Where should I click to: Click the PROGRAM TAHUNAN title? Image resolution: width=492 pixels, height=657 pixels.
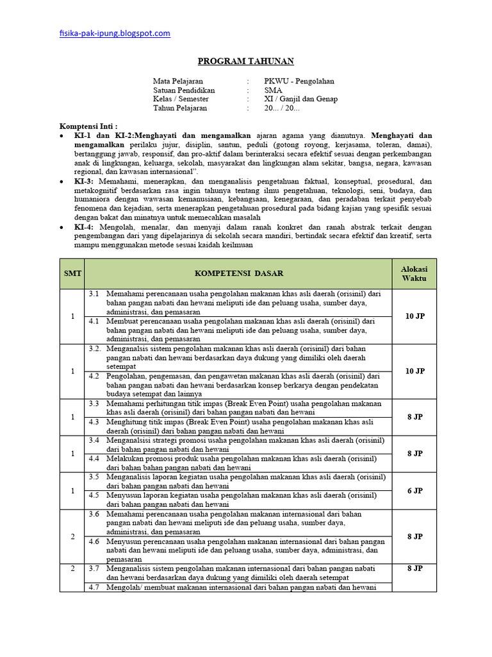click(x=245, y=62)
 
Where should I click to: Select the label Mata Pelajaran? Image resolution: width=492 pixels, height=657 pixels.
click(x=177, y=81)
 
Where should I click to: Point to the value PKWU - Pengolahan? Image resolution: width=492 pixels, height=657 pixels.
click(x=299, y=81)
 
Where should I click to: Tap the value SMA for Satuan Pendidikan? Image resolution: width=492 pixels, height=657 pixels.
click(x=272, y=90)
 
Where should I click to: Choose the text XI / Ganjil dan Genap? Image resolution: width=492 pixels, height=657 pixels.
click(x=300, y=99)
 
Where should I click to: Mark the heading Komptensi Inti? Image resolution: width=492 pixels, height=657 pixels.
click(x=88, y=126)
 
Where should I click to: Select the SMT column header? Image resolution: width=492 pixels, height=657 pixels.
click(x=72, y=274)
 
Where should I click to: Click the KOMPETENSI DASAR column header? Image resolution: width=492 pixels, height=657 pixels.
click(x=238, y=274)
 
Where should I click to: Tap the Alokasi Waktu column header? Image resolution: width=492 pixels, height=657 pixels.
click(x=414, y=274)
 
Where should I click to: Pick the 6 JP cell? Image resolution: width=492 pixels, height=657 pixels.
click(x=414, y=491)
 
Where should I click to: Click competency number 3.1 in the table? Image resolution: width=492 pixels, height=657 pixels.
click(x=94, y=294)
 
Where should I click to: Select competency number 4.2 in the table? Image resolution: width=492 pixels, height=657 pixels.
click(x=94, y=376)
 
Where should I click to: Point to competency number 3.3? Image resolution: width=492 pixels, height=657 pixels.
click(x=94, y=404)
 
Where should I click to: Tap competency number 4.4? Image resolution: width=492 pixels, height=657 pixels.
click(x=94, y=459)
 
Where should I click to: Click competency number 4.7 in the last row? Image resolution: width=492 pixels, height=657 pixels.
click(x=94, y=587)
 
